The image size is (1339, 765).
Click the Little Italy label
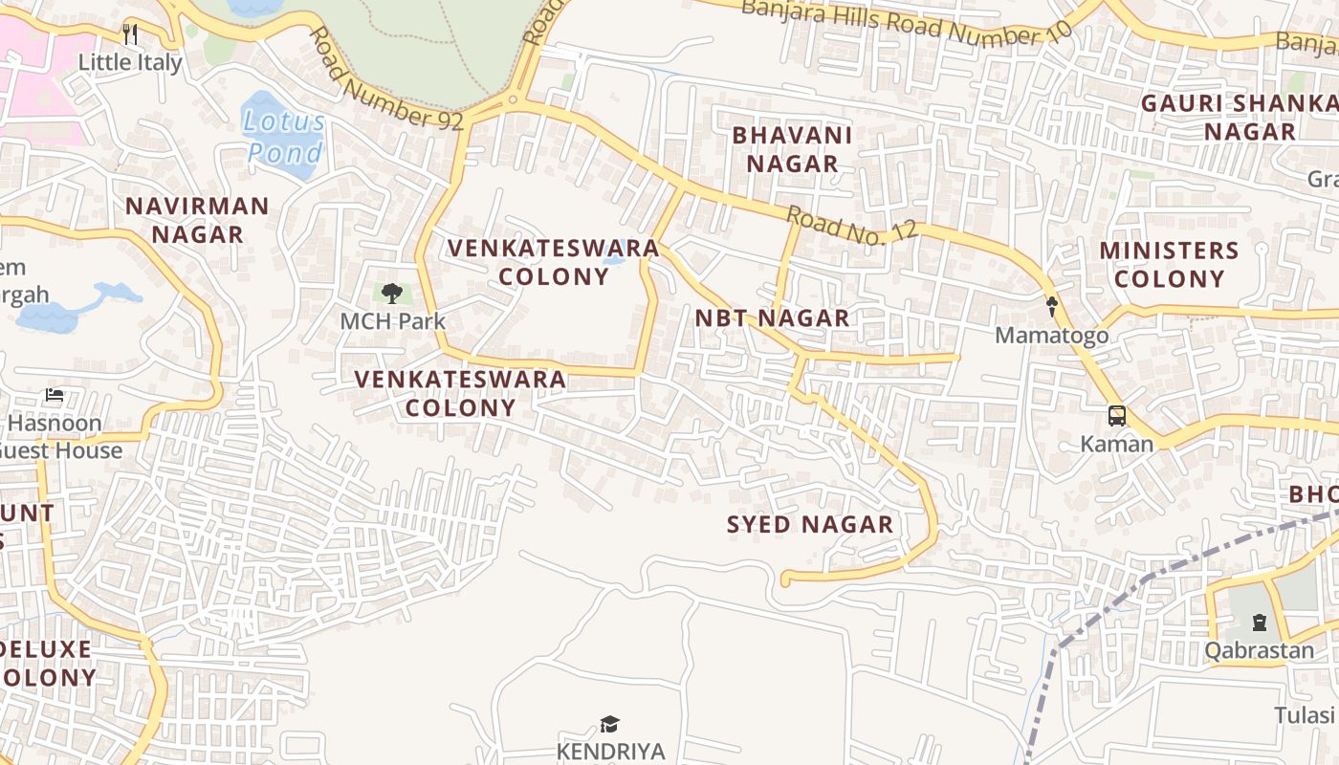click(129, 62)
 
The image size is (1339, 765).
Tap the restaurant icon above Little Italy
click(130, 34)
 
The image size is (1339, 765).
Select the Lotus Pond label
click(284, 137)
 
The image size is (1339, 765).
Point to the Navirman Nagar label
click(197, 220)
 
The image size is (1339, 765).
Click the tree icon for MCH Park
click(391, 293)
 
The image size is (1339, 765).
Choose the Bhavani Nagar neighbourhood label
click(792, 149)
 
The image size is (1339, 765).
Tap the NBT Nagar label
click(772, 318)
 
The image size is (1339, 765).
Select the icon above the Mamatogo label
click(1052, 307)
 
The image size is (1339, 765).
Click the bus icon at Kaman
click(1116, 416)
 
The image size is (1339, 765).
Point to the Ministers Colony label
click(1169, 265)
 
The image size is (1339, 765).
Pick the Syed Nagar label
click(809, 524)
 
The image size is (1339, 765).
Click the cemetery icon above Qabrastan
click(1260, 623)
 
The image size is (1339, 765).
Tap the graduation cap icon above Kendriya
click(609, 724)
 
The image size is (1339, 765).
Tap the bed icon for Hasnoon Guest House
click(55, 395)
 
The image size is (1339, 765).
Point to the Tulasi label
click(1305, 715)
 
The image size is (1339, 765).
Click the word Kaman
click(1116, 444)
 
